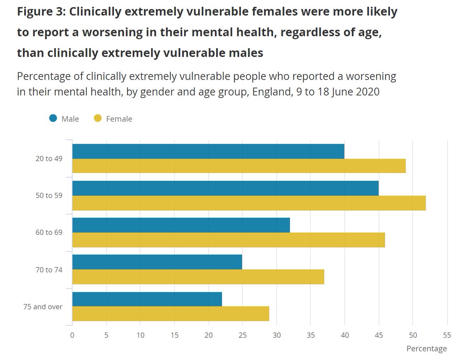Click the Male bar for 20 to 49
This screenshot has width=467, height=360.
208,152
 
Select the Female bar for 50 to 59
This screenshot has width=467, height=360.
249,203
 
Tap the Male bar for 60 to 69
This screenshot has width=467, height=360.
181,225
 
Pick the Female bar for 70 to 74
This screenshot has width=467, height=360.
198,277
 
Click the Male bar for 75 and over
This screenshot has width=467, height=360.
147,299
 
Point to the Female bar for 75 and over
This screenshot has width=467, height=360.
170,314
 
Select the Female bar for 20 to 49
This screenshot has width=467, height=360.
239,166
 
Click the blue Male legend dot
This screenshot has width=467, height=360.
53,118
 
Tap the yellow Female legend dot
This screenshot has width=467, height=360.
98,118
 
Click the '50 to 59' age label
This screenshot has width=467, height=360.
49,195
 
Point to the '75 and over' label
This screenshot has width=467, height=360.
43,306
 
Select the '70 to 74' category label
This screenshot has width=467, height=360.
49,269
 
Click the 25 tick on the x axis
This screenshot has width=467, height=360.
242,335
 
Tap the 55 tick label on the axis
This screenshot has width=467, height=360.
447,335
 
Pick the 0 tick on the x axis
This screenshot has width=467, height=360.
72,335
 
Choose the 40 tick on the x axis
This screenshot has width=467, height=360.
344,335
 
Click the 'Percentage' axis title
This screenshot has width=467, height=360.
427,349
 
